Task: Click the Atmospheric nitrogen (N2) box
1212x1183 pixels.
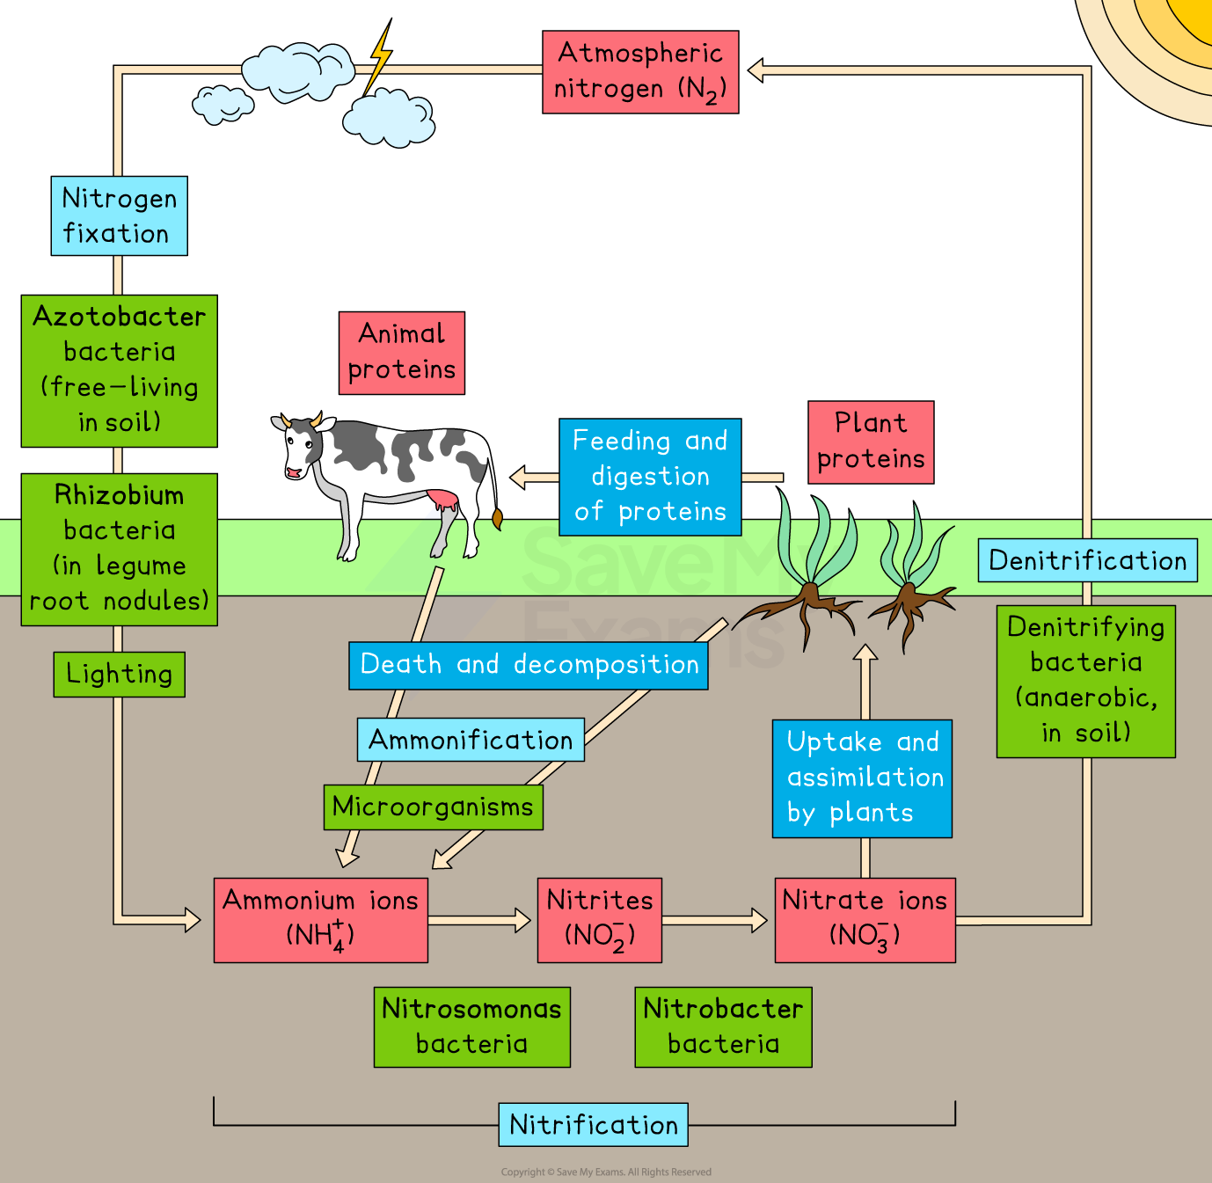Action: (640, 72)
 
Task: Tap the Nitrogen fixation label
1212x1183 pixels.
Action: (119, 216)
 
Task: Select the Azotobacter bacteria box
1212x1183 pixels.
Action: (119, 370)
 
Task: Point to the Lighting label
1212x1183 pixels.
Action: (119, 675)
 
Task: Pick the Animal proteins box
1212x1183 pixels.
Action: (402, 353)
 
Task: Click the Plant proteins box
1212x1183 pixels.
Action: (871, 442)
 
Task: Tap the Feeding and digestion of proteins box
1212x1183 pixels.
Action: (650, 478)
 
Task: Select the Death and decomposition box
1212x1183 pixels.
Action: (529, 665)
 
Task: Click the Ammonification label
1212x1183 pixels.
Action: (471, 740)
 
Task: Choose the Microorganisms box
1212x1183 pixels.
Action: (433, 807)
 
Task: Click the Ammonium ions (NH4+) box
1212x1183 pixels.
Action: (321, 920)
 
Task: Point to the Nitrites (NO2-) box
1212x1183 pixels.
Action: (600, 920)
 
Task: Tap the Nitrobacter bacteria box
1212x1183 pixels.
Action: (723, 1027)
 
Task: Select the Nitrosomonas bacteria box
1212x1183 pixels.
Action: (472, 1027)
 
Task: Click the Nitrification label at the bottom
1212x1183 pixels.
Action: (594, 1125)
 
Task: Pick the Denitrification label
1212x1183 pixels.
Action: (1088, 560)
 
